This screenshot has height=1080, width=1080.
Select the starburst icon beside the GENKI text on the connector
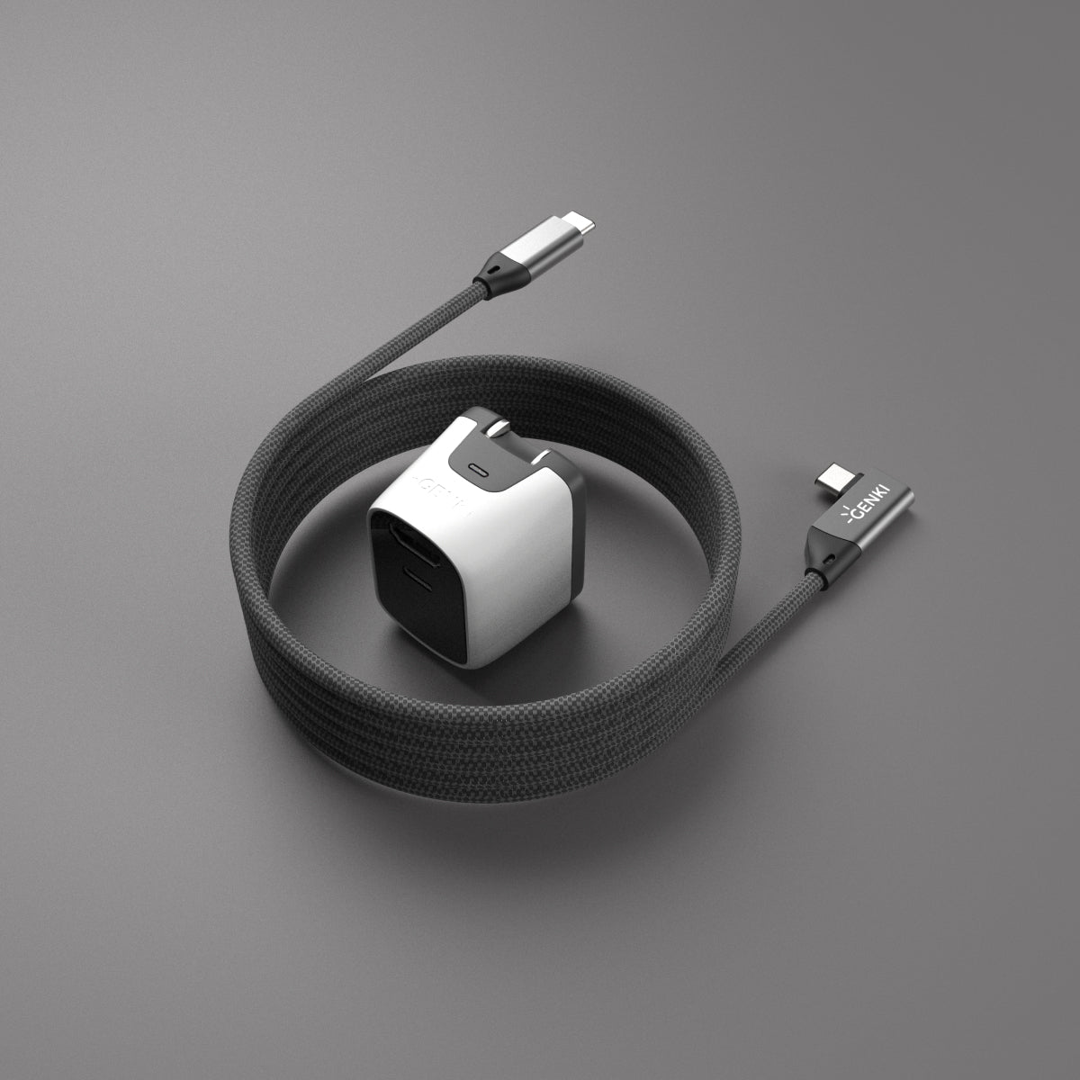(842, 514)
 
